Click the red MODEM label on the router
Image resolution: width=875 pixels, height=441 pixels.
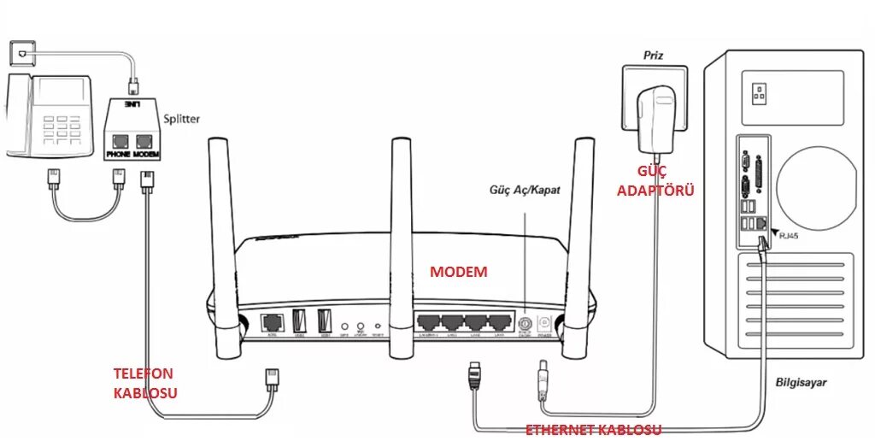click(458, 272)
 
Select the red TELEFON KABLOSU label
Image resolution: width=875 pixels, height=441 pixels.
click(144, 383)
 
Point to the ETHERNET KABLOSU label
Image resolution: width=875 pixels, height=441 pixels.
click(592, 429)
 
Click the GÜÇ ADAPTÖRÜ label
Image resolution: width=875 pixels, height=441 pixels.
click(655, 180)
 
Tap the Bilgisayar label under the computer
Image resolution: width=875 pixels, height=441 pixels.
click(802, 382)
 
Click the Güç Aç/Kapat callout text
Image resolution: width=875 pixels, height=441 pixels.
click(525, 189)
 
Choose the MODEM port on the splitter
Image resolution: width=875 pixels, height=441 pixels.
click(144, 142)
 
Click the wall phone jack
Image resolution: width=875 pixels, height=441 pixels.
click(20, 52)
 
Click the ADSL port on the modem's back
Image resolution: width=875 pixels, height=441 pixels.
click(272, 323)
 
